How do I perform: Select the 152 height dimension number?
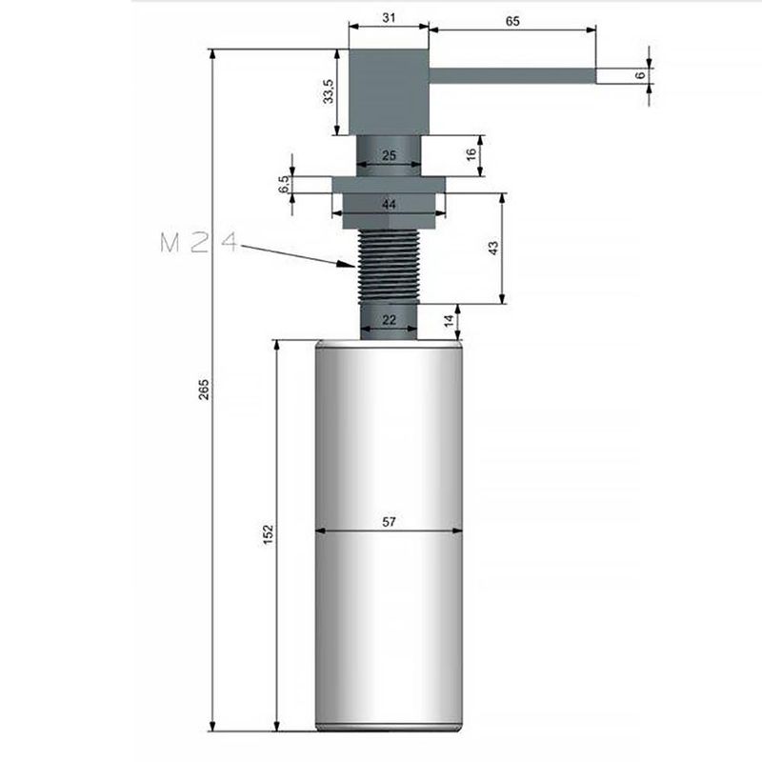pos(268,535)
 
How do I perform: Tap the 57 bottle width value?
pos(389,521)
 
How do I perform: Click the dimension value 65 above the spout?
pos(512,20)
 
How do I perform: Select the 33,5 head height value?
pos(328,92)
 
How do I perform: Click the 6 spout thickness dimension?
pos(641,73)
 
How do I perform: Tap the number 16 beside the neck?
pos(471,156)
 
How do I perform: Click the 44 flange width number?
pos(389,204)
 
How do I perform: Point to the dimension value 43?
pos(492,248)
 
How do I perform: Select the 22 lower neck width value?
pos(389,320)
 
